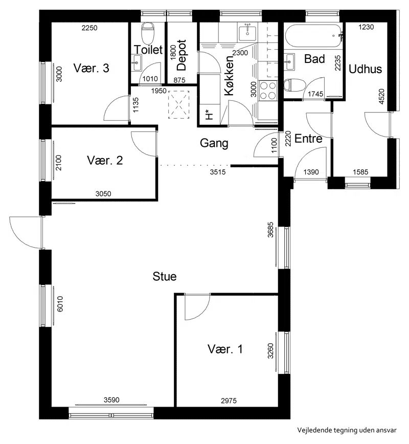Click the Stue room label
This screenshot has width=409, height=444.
coord(165,276)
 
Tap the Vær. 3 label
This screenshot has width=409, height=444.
coord(91,68)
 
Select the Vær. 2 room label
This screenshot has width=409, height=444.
coord(105,161)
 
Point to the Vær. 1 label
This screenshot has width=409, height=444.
coord(225,349)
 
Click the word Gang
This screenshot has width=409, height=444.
coord(214,143)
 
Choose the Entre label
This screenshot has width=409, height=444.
coord(308,139)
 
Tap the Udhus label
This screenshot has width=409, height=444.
coord(365,69)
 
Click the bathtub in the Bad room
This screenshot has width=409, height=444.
coord(313,36)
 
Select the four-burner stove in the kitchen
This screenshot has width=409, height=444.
coord(268,91)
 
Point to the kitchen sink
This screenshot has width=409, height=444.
coord(247,33)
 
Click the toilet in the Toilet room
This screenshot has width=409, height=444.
coord(148,32)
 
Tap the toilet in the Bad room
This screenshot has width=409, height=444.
coord(294,85)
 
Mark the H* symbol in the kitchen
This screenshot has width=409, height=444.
coord(209,115)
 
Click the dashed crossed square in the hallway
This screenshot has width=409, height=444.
coord(178,104)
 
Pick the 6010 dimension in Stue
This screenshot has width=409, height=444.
coord(60,304)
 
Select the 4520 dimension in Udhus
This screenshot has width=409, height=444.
coord(381,97)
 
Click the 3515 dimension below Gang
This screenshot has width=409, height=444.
coord(218,172)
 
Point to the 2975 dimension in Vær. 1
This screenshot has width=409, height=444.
coord(229,401)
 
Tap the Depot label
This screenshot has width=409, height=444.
coord(181,55)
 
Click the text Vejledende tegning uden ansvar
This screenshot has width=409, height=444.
coord(347,430)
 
